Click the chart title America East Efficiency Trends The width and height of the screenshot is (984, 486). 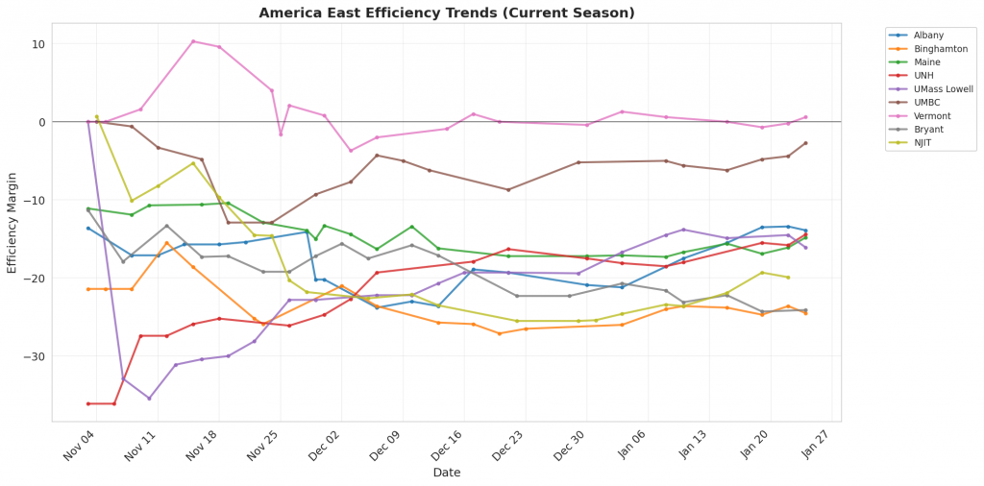pyautogui.click(x=447, y=12)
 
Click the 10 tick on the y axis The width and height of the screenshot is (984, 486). pyautogui.click(x=37, y=44)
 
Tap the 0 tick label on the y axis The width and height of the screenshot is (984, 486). pyautogui.click(x=41, y=122)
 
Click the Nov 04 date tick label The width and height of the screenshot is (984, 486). pyautogui.click(x=79, y=446)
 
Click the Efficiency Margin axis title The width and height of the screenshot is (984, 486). pyautogui.click(x=12, y=222)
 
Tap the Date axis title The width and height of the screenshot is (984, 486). pyautogui.click(x=446, y=473)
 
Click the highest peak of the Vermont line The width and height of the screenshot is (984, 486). pyautogui.click(x=193, y=41)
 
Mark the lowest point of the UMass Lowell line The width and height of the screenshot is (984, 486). pyautogui.click(x=149, y=398)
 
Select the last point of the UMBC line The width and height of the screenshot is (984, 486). pyautogui.click(x=805, y=143)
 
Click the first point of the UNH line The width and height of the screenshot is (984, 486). pyautogui.click(x=88, y=403)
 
